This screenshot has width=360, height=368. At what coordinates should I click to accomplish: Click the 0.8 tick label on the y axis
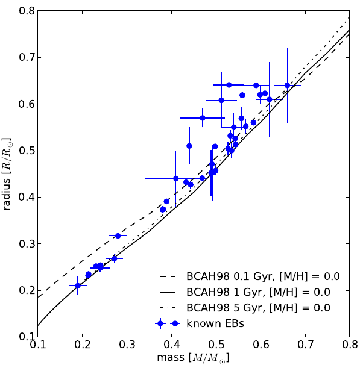[25, 11]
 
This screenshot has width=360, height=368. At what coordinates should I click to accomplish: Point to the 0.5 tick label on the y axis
[25, 151]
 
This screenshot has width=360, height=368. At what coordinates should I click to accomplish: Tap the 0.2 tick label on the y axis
[25, 290]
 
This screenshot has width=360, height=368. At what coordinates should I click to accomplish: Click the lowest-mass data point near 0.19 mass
[78, 285]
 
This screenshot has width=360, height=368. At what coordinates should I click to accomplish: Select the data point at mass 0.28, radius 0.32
[118, 235]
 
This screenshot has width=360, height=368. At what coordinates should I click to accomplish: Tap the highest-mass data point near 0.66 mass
[287, 86]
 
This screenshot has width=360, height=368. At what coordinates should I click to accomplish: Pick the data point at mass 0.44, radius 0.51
[189, 146]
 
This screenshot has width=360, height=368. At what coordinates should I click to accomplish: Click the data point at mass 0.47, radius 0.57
[203, 118]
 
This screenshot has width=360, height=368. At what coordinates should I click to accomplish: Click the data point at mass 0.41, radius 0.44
[176, 178]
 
